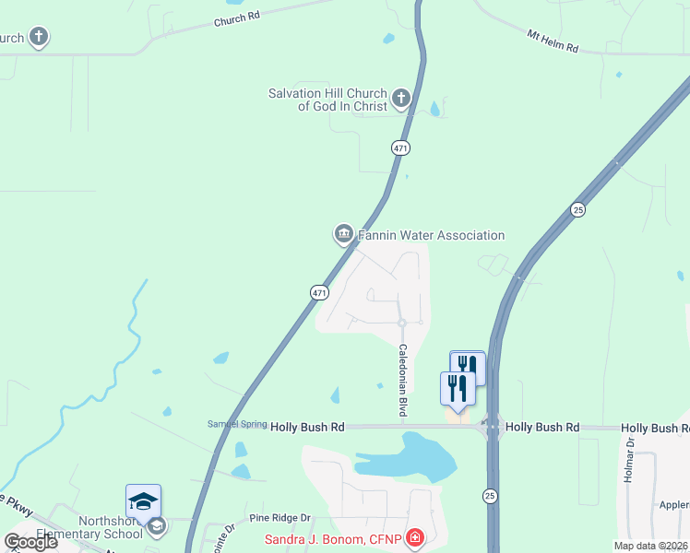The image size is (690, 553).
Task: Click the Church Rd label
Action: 238,20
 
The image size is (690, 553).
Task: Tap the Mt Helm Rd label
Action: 552,41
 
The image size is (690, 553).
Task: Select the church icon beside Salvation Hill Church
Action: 400,98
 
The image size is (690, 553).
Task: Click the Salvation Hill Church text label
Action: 327,100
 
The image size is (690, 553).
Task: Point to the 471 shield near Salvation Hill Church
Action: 399,147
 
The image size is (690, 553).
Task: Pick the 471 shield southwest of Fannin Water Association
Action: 318,292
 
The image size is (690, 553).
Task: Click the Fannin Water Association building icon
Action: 343,234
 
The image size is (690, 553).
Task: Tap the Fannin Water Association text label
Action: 431,235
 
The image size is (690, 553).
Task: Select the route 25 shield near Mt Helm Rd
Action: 577,209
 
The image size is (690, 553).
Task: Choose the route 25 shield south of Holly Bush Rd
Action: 489,497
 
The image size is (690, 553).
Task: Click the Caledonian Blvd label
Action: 402,381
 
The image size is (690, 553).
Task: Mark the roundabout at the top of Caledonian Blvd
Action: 401,323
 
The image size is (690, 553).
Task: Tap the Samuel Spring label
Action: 236,424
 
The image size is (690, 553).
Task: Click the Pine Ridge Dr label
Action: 279,518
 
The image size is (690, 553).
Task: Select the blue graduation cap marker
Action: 143,501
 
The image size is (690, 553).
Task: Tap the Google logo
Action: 30,541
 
